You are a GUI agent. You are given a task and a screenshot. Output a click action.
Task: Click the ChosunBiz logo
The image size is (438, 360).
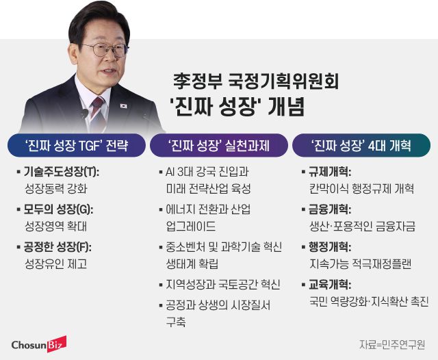coord(38,343)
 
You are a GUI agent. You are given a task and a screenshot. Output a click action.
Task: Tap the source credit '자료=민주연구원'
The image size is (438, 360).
coord(393,344)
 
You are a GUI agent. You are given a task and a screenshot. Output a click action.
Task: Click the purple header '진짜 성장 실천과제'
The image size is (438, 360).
coord(219,145)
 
